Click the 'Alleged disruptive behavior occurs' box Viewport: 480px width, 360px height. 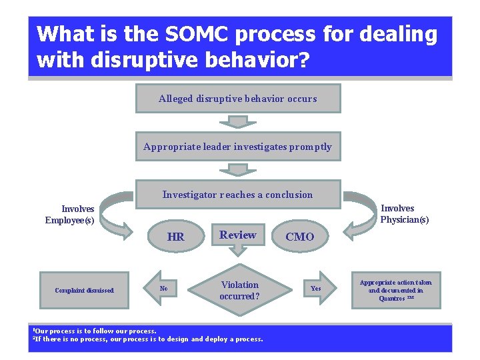(238, 98)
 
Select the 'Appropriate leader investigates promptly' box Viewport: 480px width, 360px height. (238, 147)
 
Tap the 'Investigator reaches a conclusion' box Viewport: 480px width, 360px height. (238, 195)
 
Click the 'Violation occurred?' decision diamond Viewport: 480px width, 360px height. (239, 290)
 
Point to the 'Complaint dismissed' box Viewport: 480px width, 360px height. (84, 290)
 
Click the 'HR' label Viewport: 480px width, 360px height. (176, 237)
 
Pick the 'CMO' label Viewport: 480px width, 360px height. (299, 237)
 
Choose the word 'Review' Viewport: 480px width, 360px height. (238, 235)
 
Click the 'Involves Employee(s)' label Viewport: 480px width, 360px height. (69, 215)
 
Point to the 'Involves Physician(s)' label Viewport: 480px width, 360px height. (405, 213)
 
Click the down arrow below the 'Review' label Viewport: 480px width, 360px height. (238, 250)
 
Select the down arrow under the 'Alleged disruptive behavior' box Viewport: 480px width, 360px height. (233, 121)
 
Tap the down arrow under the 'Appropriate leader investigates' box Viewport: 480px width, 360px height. (233, 169)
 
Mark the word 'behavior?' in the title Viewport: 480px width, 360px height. (258, 60)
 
